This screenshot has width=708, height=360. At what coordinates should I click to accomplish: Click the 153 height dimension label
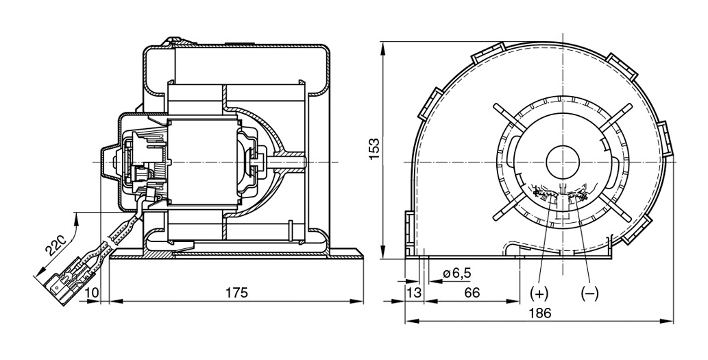(374, 149)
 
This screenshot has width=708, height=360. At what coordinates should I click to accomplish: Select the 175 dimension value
(236, 293)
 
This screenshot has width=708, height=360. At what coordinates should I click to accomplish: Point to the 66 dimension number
(472, 293)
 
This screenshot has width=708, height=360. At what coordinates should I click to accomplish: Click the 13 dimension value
(414, 293)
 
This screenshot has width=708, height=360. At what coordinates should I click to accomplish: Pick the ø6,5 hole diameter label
(457, 273)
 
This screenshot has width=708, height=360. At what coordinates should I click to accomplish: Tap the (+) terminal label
(539, 293)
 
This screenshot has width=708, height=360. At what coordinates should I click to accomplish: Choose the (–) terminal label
(589, 293)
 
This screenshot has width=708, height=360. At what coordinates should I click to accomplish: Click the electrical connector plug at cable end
(69, 277)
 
